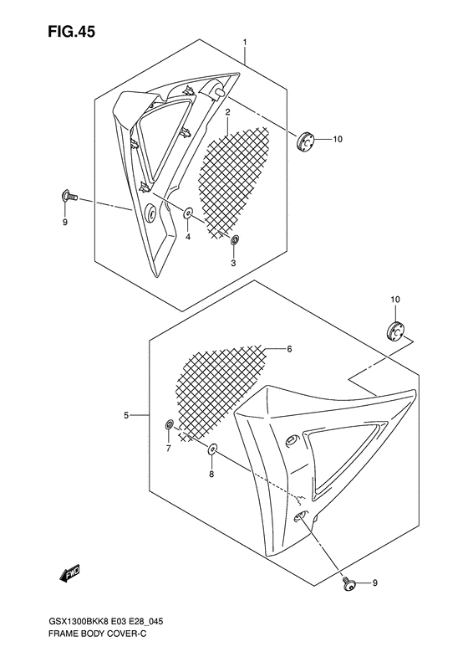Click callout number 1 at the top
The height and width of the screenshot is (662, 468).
click(244, 42)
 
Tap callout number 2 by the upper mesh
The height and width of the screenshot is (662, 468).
click(226, 111)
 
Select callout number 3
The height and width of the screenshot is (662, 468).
click(234, 263)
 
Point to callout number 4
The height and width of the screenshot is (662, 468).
click(188, 237)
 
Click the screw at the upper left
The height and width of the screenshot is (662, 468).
click(68, 197)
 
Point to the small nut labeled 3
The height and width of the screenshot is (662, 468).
click(235, 241)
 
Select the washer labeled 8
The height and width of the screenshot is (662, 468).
click(212, 450)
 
